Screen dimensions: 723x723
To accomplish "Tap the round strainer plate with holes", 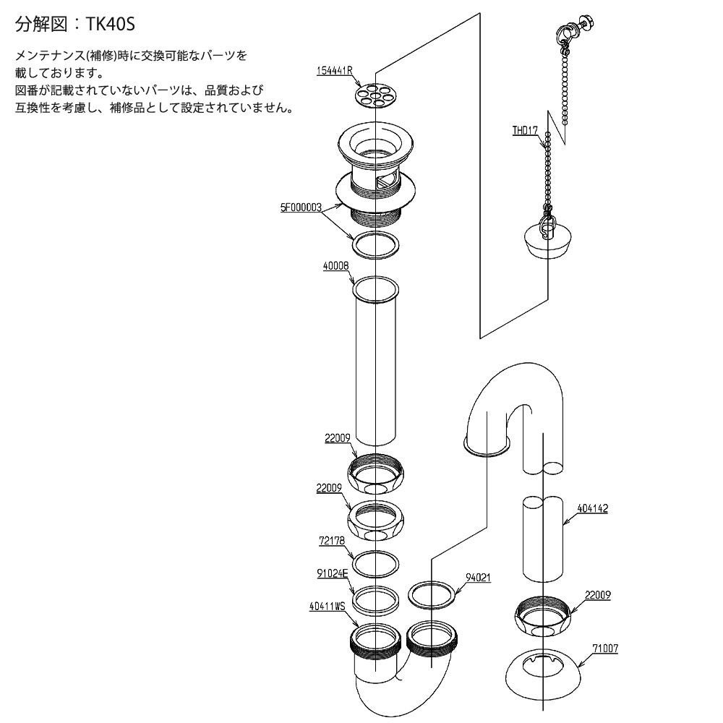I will click(x=376, y=93).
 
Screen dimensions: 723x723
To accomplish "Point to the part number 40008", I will click(x=336, y=265).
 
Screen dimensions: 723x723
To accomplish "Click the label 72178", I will click(x=332, y=539).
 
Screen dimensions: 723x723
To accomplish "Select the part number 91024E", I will click(x=333, y=573).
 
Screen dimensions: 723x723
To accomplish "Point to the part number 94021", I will click(x=477, y=577).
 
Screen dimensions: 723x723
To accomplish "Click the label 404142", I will click(x=593, y=508).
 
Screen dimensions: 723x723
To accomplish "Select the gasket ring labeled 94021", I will click(x=432, y=594).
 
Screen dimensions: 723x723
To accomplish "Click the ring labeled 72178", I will click(x=375, y=563).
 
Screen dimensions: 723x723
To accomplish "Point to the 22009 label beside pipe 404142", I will click(x=598, y=595).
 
